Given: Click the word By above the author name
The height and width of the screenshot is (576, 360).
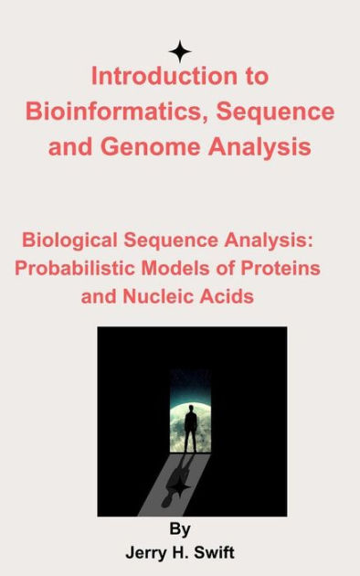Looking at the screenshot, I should click(180, 528).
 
